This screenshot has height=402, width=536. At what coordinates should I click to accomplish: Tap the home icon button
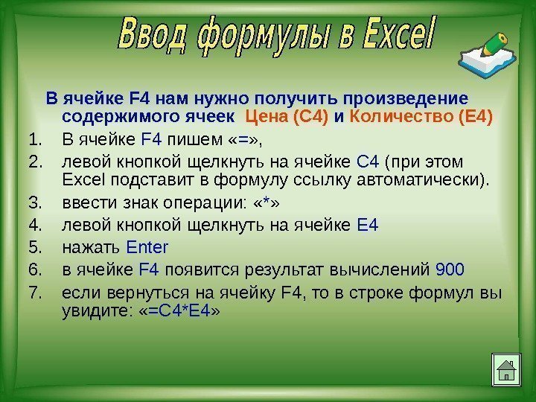coord(506,371)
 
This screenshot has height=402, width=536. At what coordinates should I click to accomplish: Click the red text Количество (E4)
coord(421,117)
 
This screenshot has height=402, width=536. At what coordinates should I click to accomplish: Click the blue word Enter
coord(148,247)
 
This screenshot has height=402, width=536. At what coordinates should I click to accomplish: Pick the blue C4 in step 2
coord(368,162)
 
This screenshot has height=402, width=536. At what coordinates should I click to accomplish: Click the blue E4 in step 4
coord(368,226)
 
